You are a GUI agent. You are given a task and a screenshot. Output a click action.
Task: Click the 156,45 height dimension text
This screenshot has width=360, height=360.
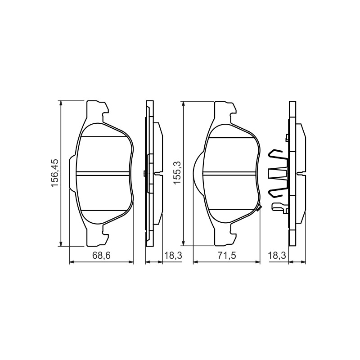click(x=55, y=174)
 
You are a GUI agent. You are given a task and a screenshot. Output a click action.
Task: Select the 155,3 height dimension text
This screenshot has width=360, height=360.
click(x=177, y=173)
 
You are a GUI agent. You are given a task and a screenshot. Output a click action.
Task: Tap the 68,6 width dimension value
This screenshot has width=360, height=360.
click(x=102, y=255)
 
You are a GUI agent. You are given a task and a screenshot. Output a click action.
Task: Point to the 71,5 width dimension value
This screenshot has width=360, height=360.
click(x=227, y=255)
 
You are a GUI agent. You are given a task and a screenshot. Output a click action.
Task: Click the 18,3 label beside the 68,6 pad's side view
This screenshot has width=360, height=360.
click(x=173, y=255)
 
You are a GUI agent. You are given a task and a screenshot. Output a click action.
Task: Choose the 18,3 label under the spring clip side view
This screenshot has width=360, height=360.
click(x=277, y=255)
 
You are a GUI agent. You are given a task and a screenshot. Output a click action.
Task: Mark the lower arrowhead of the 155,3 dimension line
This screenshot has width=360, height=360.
click(x=183, y=243)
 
